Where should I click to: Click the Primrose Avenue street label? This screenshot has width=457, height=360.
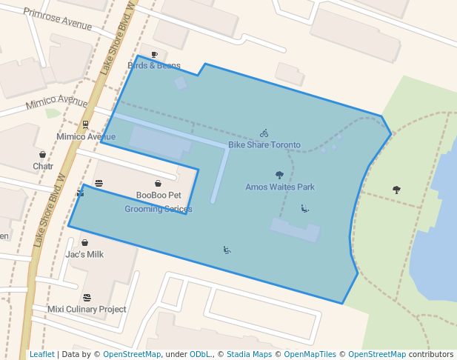click(58, 19)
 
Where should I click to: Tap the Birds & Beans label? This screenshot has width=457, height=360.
click(154, 66)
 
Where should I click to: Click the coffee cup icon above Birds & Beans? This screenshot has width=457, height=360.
click(154, 55)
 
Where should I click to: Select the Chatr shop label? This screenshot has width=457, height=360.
click(43, 166)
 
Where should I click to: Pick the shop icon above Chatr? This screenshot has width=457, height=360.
click(42, 154)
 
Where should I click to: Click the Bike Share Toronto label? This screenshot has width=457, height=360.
click(264, 145)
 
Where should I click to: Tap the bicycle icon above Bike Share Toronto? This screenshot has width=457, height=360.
click(264, 133)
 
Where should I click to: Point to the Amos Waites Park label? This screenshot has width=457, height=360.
click(280, 187)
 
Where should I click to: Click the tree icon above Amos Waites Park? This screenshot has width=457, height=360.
click(279, 176)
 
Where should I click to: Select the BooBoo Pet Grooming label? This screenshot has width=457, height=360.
click(159, 202)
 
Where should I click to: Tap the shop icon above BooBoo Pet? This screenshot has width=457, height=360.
click(158, 184)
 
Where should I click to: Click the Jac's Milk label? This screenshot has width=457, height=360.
click(84, 254)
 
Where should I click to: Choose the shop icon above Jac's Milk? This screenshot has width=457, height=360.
click(84, 242)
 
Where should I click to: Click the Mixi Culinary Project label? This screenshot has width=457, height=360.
click(87, 309)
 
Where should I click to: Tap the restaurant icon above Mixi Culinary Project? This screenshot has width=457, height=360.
click(87, 297)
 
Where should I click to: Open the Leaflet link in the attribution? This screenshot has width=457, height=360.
click(41, 354)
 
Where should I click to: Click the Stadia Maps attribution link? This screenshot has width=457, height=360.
click(249, 354)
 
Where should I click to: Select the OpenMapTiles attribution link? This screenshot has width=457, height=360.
click(310, 354)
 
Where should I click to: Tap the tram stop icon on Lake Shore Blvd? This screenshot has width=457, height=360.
click(86, 124)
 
